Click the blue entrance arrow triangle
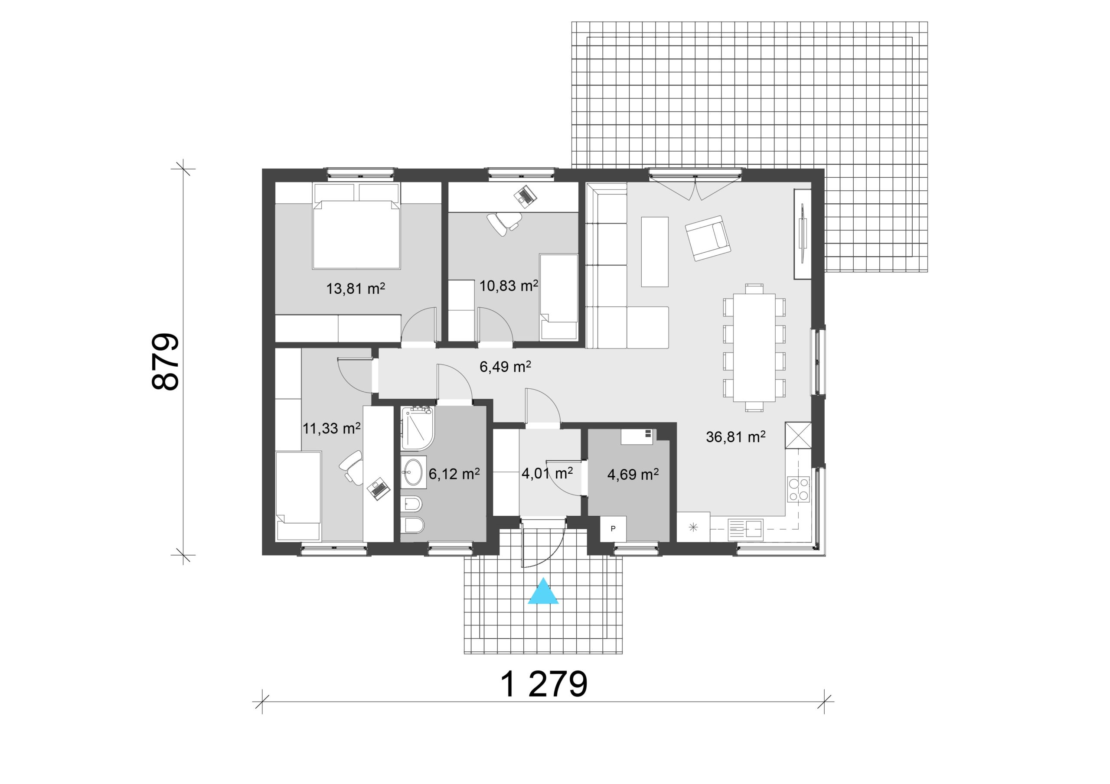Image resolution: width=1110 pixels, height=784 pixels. [x=543, y=592]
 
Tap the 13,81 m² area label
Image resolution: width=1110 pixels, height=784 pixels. [x=356, y=289]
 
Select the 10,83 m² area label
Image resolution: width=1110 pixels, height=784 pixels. [x=509, y=286]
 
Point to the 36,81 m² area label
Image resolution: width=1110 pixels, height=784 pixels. [x=735, y=437]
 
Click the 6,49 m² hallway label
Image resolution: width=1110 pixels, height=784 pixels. [x=505, y=367]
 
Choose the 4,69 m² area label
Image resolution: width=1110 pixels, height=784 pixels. [x=633, y=475]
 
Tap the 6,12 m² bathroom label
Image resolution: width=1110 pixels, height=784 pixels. [x=454, y=474]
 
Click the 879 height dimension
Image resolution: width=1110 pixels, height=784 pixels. [x=165, y=361]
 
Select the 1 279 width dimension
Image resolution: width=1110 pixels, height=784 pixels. [x=543, y=684]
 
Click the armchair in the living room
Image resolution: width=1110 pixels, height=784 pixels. [x=707, y=238]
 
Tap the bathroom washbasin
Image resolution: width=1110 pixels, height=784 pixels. [x=413, y=472]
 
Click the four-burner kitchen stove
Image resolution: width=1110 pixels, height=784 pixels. [x=799, y=489]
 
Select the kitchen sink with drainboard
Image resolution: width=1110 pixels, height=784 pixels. [x=745, y=530]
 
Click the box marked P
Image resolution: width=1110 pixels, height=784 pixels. [x=613, y=529]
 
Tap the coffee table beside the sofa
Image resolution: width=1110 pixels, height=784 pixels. [x=655, y=252]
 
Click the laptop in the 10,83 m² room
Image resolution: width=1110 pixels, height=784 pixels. [x=525, y=195]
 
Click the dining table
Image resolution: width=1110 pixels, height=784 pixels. [x=754, y=347]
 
